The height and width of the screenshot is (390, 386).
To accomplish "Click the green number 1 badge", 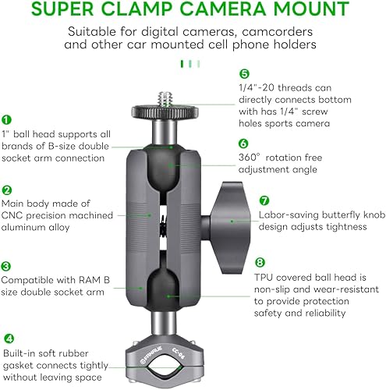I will tap(6, 120).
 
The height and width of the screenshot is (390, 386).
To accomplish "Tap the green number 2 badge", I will tap(6, 190).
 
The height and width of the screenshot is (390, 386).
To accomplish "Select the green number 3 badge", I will tap(6, 266).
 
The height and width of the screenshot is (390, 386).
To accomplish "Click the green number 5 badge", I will tap(244, 74).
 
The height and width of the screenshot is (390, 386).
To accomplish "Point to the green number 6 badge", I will tap(244, 144).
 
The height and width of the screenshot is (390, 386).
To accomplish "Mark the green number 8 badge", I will tap(260, 263).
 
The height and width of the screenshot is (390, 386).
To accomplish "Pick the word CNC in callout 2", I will tap(13, 214).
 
